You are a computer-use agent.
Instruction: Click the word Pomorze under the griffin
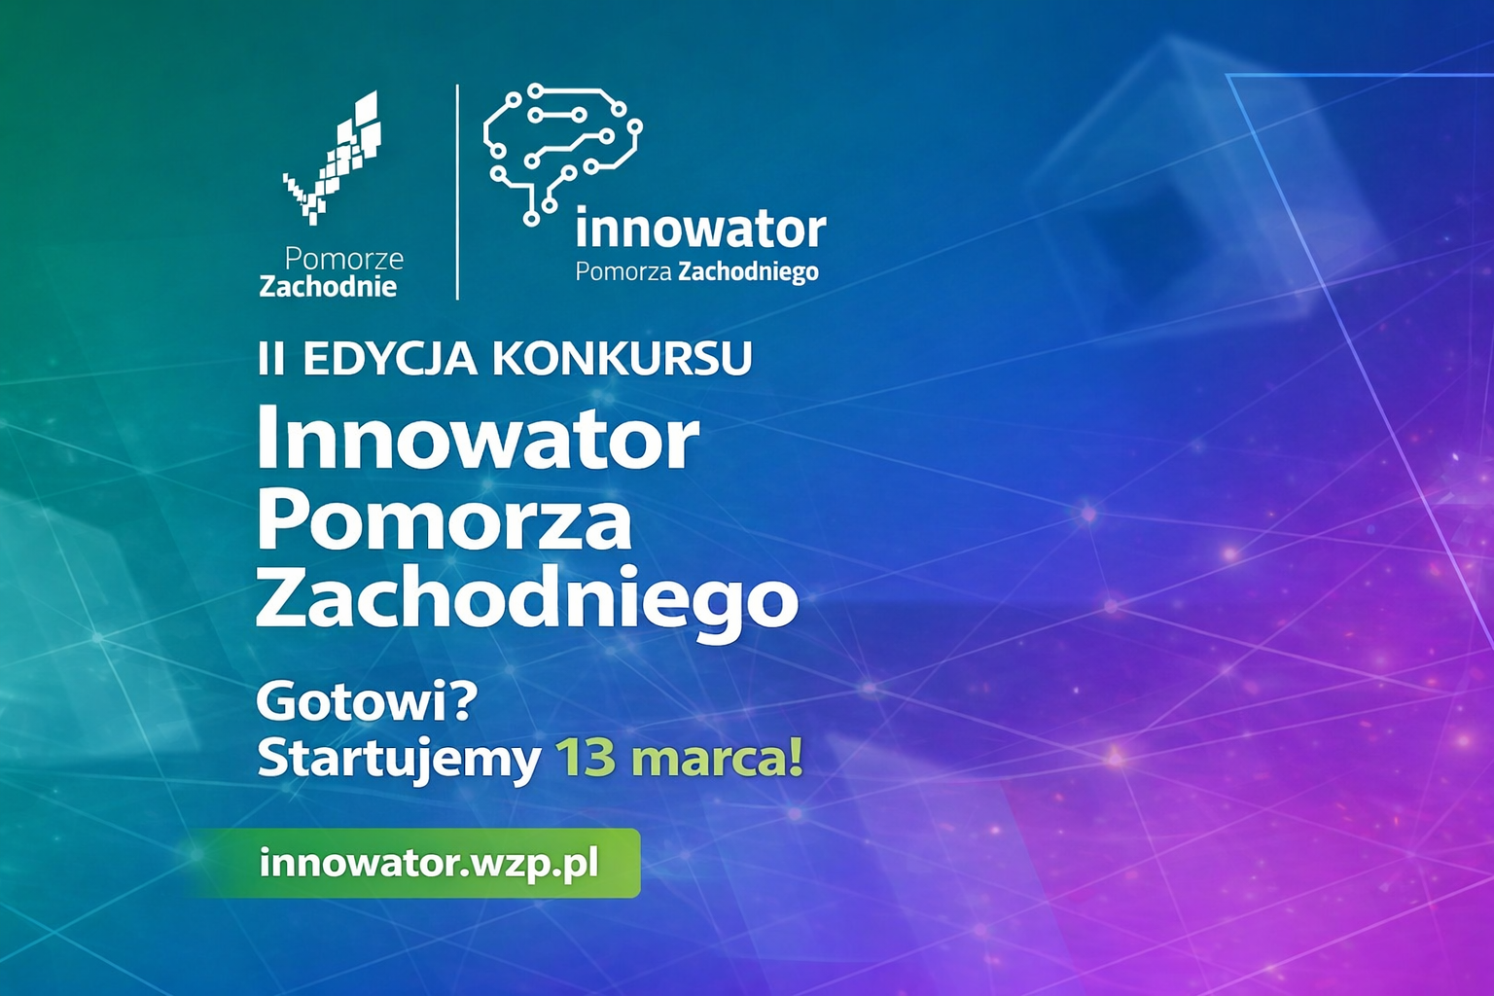pyautogui.click(x=343, y=259)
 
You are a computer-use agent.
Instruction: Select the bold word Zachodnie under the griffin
pyautogui.click(x=328, y=287)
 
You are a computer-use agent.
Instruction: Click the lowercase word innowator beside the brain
pyautogui.click(x=700, y=231)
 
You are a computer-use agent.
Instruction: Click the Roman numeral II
pyautogui.click(x=271, y=359)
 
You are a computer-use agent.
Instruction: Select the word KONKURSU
pyautogui.click(x=622, y=359)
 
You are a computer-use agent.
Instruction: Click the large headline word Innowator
pyautogui.click(x=477, y=439)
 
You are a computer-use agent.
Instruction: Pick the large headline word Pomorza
pyautogui.click(x=444, y=520)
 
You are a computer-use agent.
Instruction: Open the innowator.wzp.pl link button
pyautogui.click(x=429, y=863)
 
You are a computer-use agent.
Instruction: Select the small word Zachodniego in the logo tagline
pyautogui.click(x=748, y=272)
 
